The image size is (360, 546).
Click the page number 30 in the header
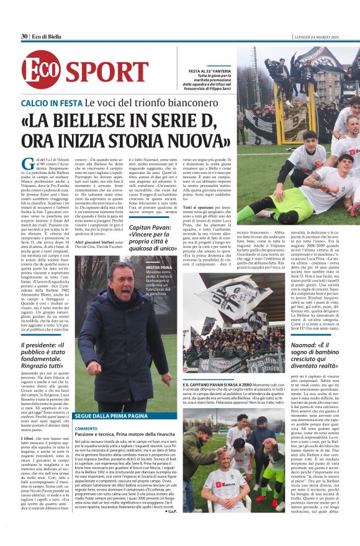[24, 36]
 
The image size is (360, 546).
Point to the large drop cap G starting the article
[27, 165]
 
